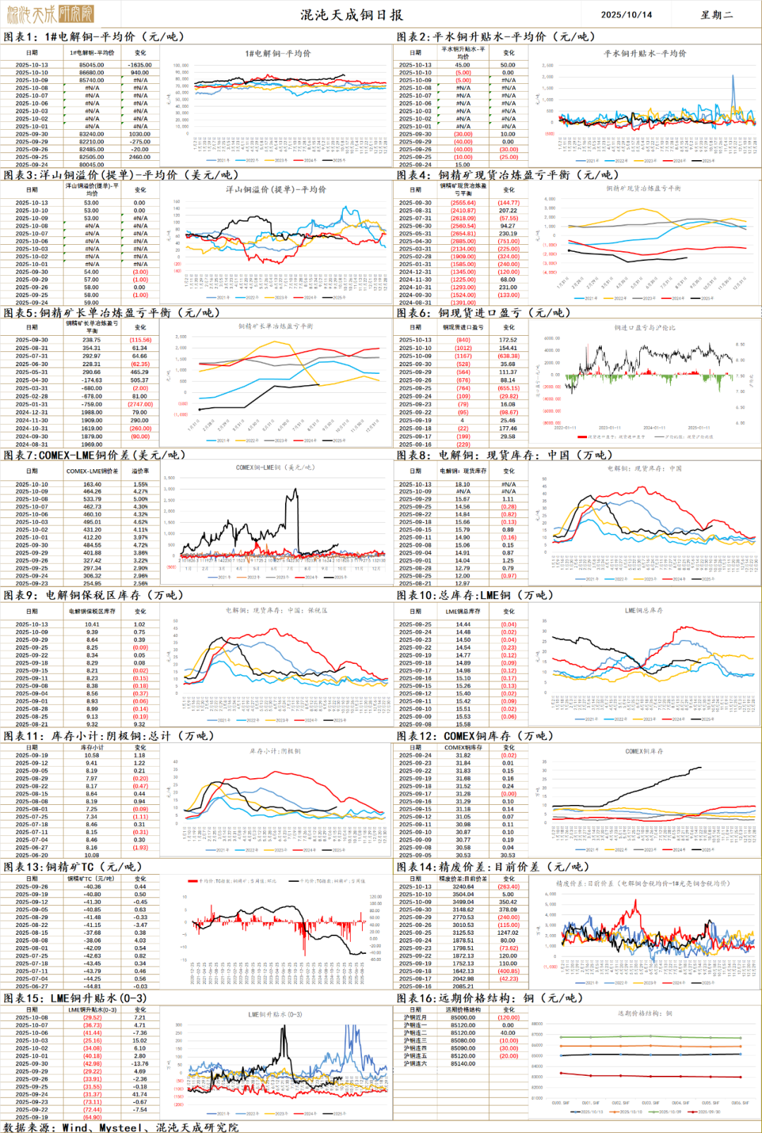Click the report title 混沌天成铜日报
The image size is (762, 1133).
pyautogui.click(x=351, y=14)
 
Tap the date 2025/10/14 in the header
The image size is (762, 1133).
pyautogui.click(x=626, y=14)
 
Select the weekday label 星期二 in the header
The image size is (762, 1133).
pyautogui.click(x=716, y=14)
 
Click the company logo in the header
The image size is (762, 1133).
pyautogui.click(x=49, y=13)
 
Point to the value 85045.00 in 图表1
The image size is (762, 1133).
pyautogui.click(x=92, y=65)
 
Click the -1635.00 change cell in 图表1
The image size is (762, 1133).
pyautogui.click(x=140, y=65)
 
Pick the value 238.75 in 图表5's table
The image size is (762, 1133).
pyautogui.click(x=92, y=340)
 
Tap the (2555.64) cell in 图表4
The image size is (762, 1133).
pyautogui.click(x=463, y=202)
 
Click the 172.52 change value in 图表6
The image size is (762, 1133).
pyautogui.click(x=508, y=340)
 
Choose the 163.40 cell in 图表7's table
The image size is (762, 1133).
pyautogui.click(x=92, y=485)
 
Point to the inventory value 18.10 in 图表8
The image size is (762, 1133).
pyautogui.click(x=462, y=485)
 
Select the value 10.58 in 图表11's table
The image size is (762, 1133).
pyautogui.click(x=92, y=755)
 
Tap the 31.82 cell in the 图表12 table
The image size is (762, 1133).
pyautogui.click(x=463, y=755)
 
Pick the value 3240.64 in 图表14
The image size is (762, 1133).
pyautogui.click(x=463, y=887)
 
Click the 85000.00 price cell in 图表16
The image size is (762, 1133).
pyautogui.click(x=463, y=1017)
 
